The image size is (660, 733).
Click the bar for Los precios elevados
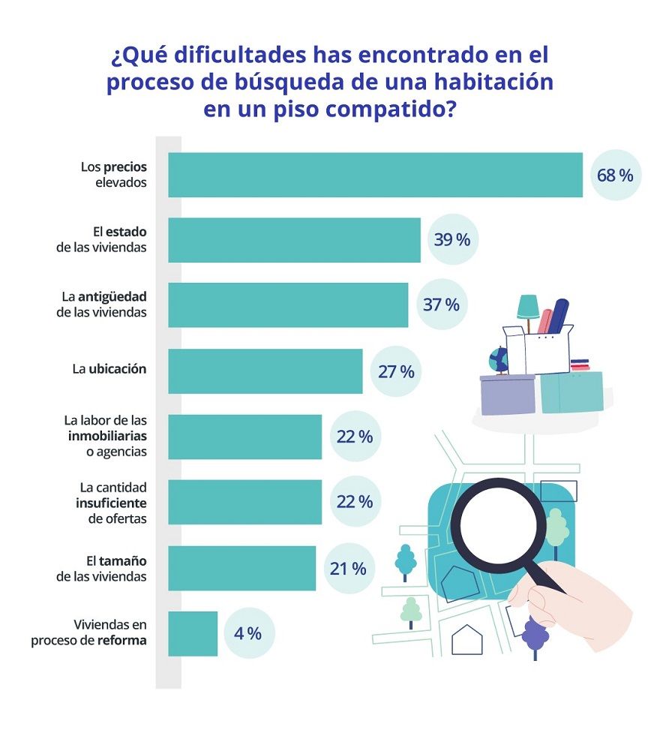pyautogui.click(x=375, y=175)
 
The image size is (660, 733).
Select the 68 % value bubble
pyautogui.click(x=615, y=176)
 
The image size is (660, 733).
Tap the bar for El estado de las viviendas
pyautogui.click(x=294, y=240)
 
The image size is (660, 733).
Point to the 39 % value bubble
pyautogui.click(x=452, y=240)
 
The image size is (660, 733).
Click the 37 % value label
pyautogui.click(x=441, y=305)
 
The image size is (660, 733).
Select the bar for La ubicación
pyautogui.click(x=265, y=371)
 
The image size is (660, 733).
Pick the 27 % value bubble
pyautogui.click(x=396, y=371)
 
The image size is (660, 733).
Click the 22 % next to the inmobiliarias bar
pyautogui.click(x=355, y=436)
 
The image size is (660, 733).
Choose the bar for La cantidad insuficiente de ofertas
pyautogui.click(x=244, y=502)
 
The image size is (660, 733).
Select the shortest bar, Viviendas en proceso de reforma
pyautogui.click(x=193, y=633)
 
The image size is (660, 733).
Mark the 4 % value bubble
pyautogui.click(x=248, y=633)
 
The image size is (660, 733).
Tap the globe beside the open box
pyautogui.click(x=499, y=359)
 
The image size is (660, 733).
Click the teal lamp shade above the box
pyautogui.click(x=528, y=305)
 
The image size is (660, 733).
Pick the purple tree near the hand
pyautogui.click(x=535, y=634)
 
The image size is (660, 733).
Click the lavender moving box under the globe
pyautogui.click(x=507, y=394)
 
